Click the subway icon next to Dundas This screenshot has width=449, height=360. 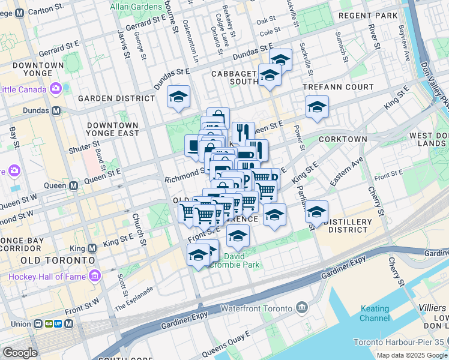(56, 110)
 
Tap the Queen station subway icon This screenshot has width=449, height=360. (73, 186)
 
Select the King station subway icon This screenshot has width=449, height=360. (92, 248)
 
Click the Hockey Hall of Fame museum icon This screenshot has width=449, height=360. (94, 276)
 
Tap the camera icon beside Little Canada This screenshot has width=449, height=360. (56, 89)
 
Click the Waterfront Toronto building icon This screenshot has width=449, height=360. (301, 308)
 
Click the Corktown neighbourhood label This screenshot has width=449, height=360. (343, 139)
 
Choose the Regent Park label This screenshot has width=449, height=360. (367, 15)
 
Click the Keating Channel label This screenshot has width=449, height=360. (375, 313)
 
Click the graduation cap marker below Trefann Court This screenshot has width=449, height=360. (316, 108)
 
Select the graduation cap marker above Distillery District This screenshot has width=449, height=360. (316, 212)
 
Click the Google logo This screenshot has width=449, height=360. (20, 353)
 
